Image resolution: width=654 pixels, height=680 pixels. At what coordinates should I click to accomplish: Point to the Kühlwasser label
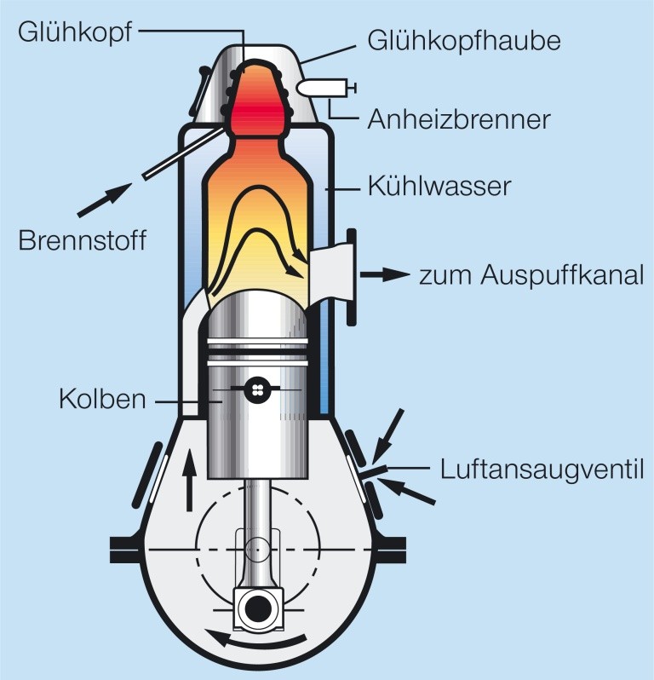(x=439, y=185)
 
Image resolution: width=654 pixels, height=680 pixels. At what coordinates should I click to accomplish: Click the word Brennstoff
(x=82, y=240)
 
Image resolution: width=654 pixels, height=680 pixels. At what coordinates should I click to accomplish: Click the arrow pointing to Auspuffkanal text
(x=381, y=275)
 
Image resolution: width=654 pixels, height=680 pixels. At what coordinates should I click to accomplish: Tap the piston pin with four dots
(x=255, y=389)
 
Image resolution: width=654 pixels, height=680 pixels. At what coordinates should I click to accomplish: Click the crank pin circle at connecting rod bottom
(x=255, y=608)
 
